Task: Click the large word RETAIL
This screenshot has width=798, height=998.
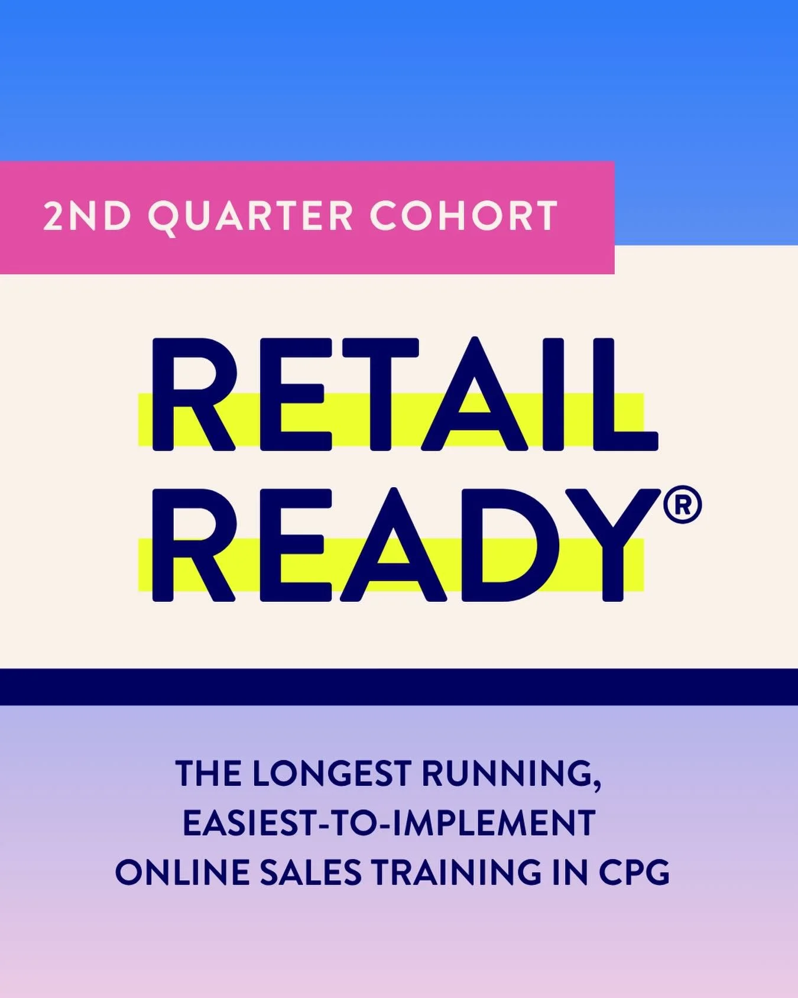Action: tap(404, 395)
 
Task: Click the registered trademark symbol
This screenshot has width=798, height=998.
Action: tap(682, 506)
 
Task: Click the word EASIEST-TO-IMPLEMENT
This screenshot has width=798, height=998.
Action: tap(389, 823)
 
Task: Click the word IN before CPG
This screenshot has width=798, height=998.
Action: tap(570, 873)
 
